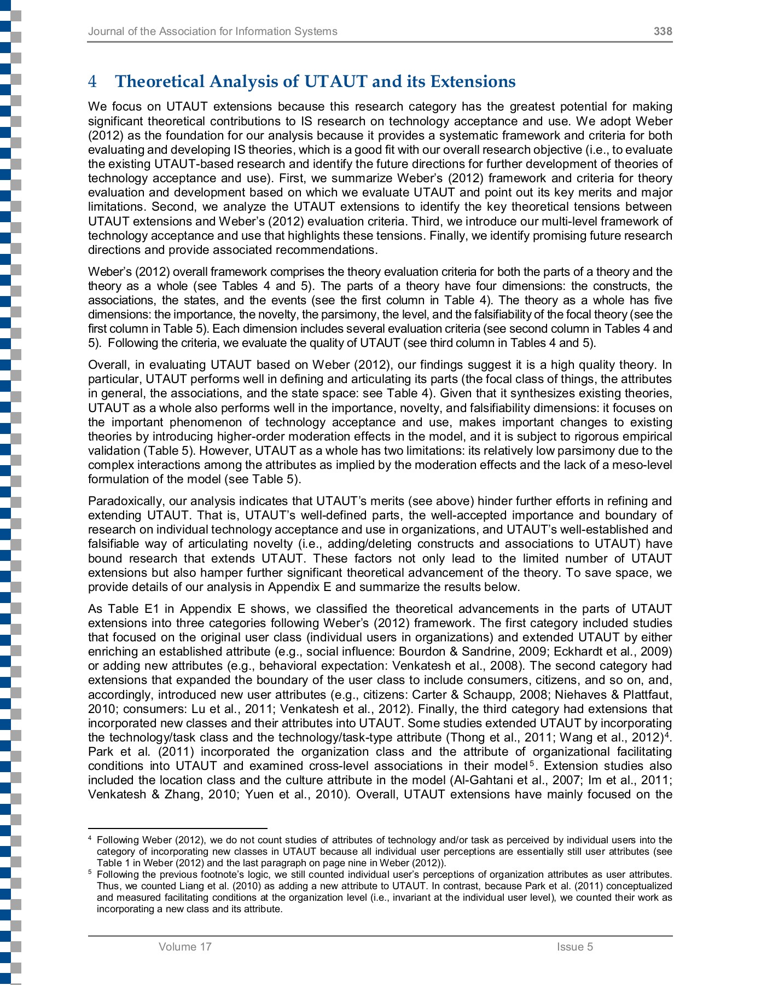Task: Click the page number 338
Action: [x=663, y=31]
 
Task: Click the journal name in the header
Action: [x=212, y=31]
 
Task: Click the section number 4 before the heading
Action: [x=92, y=82]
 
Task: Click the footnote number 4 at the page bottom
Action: [x=90, y=839]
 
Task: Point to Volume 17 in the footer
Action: [x=184, y=947]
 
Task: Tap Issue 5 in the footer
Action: [x=574, y=947]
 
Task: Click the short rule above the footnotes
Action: [x=177, y=828]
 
